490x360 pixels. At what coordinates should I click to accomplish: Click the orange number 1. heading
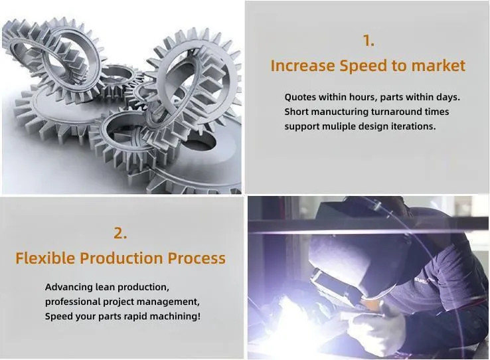coord(368,41)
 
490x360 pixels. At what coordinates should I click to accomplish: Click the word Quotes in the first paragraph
coord(300,98)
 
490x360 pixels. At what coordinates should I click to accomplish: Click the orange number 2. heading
coord(120,233)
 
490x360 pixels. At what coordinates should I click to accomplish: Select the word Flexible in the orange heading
coord(45,258)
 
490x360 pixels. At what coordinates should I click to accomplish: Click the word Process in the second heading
coord(197,258)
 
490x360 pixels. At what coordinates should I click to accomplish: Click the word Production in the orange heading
coord(122,258)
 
